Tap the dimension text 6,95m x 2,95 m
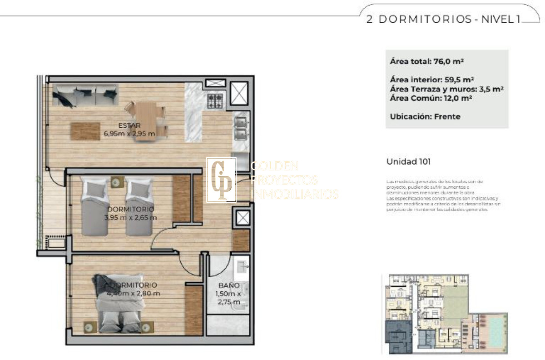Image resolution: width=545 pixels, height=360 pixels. pyautogui.click(x=130, y=134)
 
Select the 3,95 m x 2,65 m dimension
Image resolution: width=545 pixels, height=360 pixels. pyautogui.click(x=130, y=217)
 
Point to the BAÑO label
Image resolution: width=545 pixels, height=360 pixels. pyautogui.click(x=229, y=285)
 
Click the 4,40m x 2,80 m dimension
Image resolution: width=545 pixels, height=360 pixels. pyautogui.click(x=134, y=293)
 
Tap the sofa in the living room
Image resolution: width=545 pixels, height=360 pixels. pyautogui.click(x=85, y=95)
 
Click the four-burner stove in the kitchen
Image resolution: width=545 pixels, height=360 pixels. pyautogui.click(x=215, y=100)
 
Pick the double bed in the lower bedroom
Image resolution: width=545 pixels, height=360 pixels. pyautogui.click(x=119, y=302)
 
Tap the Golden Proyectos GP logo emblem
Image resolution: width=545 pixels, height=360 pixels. pyautogui.click(x=221, y=180)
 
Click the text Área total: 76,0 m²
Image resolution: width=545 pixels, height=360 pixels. pyautogui.click(x=426, y=61)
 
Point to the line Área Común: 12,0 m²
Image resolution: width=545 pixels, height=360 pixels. pyautogui.click(x=429, y=98)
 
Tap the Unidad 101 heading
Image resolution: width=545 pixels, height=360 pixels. pyautogui.click(x=408, y=161)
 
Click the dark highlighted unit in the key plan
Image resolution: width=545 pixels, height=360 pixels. pyautogui.click(x=397, y=337)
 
